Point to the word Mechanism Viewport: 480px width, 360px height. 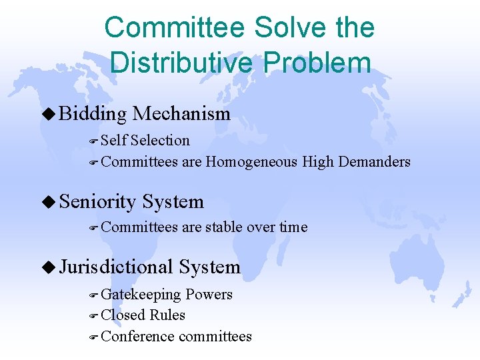pyautogui.click(x=181, y=114)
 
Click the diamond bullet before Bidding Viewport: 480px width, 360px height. pyautogui.click(x=53, y=114)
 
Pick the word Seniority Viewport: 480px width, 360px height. pyautogui.click(x=97, y=201)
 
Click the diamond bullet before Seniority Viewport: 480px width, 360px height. pyautogui.click(x=53, y=201)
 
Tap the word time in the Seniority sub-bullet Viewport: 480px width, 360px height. pyautogui.click(x=293, y=227)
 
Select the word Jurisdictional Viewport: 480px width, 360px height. pyautogui.click(x=116, y=267)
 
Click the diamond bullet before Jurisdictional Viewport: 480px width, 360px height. pyautogui.click(x=53, y=267)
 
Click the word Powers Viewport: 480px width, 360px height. pyautogui.click(x=209, y=295)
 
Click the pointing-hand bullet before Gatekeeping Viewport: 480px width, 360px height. pyautogui.click(x=93, y=295)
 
